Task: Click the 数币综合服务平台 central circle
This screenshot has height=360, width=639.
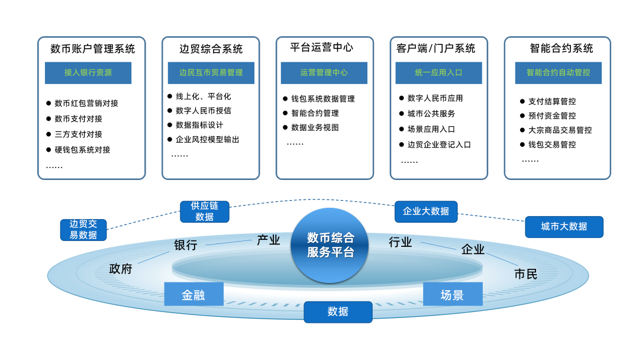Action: (x=330, y=245)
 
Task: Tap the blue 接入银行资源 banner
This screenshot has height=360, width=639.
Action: (x=88, y=73)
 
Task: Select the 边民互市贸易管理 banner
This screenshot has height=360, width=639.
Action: (x=211, y=73)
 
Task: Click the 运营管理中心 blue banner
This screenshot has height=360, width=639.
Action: (x=324, y=73)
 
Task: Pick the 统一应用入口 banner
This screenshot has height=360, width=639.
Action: (x=438, y=73)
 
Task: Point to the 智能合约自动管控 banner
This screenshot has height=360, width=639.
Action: (x=558, y=73)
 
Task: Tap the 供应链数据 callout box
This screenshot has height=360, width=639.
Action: (x=204, y=211)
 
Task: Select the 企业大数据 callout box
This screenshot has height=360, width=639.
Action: (x=425, y=211)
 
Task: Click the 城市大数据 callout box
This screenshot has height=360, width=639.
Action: (x=564, y=227)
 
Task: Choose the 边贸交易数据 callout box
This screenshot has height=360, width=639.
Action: (x=83, y=230)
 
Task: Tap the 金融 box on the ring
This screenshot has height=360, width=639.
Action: (x=193, y=294)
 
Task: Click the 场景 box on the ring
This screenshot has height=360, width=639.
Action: (x=452, y=294)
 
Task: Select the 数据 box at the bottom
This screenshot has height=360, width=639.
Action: (x=338, y=312)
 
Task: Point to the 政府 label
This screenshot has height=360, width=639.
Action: (x=121, y=269)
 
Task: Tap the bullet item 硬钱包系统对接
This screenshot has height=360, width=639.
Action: (x=82, y=150)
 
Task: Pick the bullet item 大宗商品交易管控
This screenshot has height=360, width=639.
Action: (x=560, y=130)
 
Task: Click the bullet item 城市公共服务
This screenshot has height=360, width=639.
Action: (x=431, y=114)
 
